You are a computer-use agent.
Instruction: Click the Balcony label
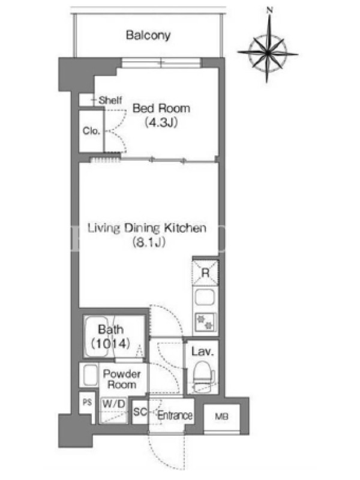pyautogui.click(x=148, y=35)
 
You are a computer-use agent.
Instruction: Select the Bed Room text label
pyautogui.click(x=161, y=108)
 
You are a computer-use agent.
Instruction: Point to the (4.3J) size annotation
pyautogui.click(x=161, y=122)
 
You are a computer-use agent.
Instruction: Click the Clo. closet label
pyautogui.click(x=91, y=131)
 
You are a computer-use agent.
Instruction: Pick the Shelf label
pyautogui.click(x=110, y=100)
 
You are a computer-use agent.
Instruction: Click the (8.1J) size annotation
pyautogui.click(x=149, y=242)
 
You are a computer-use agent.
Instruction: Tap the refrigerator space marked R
pyautogui.click(x=205, y=272)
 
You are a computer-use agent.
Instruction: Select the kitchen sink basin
pyautogui.click(x=205, y=297)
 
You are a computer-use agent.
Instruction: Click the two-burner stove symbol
pyautogui.click(x=205, y=322)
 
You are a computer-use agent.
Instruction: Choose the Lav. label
pyautogui.click(x=202, y=352)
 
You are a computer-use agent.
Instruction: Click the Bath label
pyautogui.click(x=111, y=329)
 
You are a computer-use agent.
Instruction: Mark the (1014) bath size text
pyautogui.click(x=110, y=343)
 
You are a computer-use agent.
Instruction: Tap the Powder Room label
pyautogui.click(x=122, y=379)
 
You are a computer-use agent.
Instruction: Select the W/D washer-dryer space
pyautogui.click(x=113, y=410)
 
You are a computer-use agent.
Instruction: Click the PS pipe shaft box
pyautogui.click(x=87, y=403)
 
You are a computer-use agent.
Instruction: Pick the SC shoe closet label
pyautogui.click(x=140, y=412)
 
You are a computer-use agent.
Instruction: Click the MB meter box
pyautogui.click(x=221, y=416)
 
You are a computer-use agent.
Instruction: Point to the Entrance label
pyautogui.click(x=175, y=415)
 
